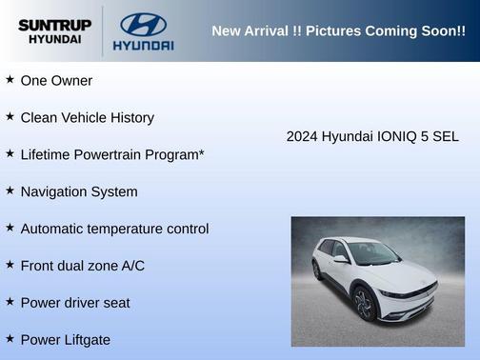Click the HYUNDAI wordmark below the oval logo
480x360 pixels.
(143, 45)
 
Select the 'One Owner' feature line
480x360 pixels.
(56, 81)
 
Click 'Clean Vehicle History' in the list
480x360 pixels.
(87, 118)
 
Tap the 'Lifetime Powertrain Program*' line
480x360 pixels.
(112, 154)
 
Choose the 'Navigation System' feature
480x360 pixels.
(78, 191)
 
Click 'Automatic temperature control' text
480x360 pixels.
(114, 229)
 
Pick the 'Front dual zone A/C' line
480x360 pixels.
(82, 266)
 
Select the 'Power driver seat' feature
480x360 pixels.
(75, 303)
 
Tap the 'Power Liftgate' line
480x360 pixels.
(65, 340)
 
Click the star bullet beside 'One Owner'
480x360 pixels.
(10, 80)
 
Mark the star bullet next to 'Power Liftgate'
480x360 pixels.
(10, 339)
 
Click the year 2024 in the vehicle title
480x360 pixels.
(302, 136)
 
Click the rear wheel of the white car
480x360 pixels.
(317, 270)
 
